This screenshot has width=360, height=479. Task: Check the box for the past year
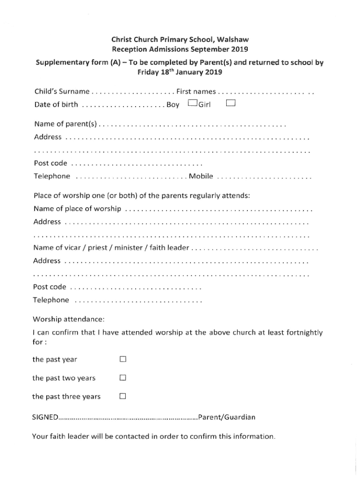click(123, 360)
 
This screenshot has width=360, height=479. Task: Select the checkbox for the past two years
click(123, 377)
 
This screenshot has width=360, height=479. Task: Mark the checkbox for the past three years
click(123, 396)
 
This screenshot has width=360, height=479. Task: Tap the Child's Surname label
click(62, 90)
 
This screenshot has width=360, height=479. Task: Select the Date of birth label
click(56, 105)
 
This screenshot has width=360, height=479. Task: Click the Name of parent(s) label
click(66, 124)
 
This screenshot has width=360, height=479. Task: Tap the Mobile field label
click(201, 176)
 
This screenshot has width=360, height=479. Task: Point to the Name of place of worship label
click(78, 208)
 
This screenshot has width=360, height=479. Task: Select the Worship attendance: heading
click(68, 319)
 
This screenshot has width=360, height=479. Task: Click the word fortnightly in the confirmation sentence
click(300, 333)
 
